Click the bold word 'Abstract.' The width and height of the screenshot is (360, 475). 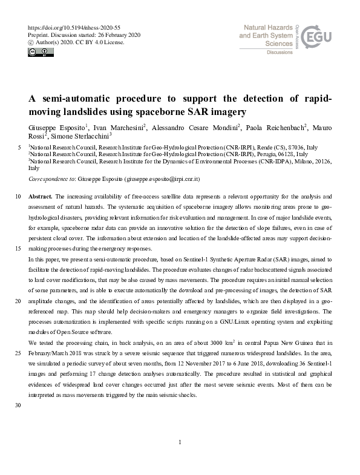[x=41, y=196]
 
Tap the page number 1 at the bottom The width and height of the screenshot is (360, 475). [x=180, y=443]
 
